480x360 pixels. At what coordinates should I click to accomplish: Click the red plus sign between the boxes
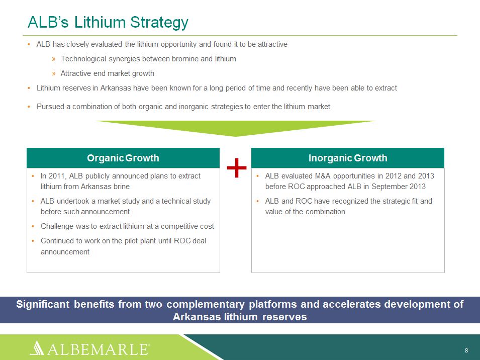[237, 168]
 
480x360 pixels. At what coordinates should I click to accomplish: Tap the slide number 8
[466, 350]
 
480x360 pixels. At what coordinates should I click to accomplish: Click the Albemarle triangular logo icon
[37, 348]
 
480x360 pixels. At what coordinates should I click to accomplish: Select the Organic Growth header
[123, 158]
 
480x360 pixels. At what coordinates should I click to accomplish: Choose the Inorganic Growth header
[348, 158]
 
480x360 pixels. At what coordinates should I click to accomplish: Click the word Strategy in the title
[159, 22]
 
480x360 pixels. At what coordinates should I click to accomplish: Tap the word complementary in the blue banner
[206, 304]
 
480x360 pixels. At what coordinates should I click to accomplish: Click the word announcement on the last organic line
[65, 252]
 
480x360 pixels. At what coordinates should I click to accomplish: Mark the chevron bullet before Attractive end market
[54, 73]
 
